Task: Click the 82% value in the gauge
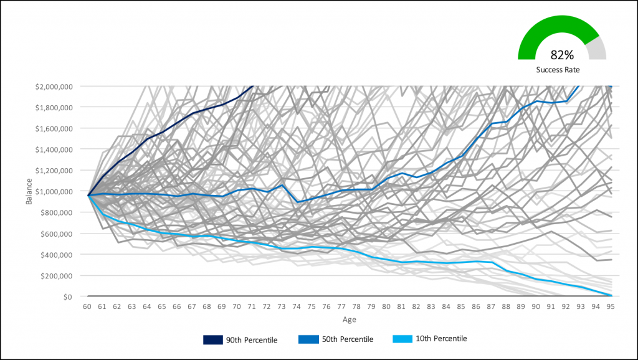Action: [x=561, y=55]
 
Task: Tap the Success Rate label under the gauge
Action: [x=561, y=70]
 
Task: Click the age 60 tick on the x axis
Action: [x=88, y=307]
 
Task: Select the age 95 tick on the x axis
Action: [x=612, y=307]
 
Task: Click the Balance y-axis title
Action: [x=29, y=192]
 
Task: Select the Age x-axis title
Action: [x=350, y=319]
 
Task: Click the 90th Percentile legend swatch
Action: [x=212, y=339]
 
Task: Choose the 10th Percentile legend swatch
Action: [x=403, y=339]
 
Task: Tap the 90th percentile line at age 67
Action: [x=193, y=113]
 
